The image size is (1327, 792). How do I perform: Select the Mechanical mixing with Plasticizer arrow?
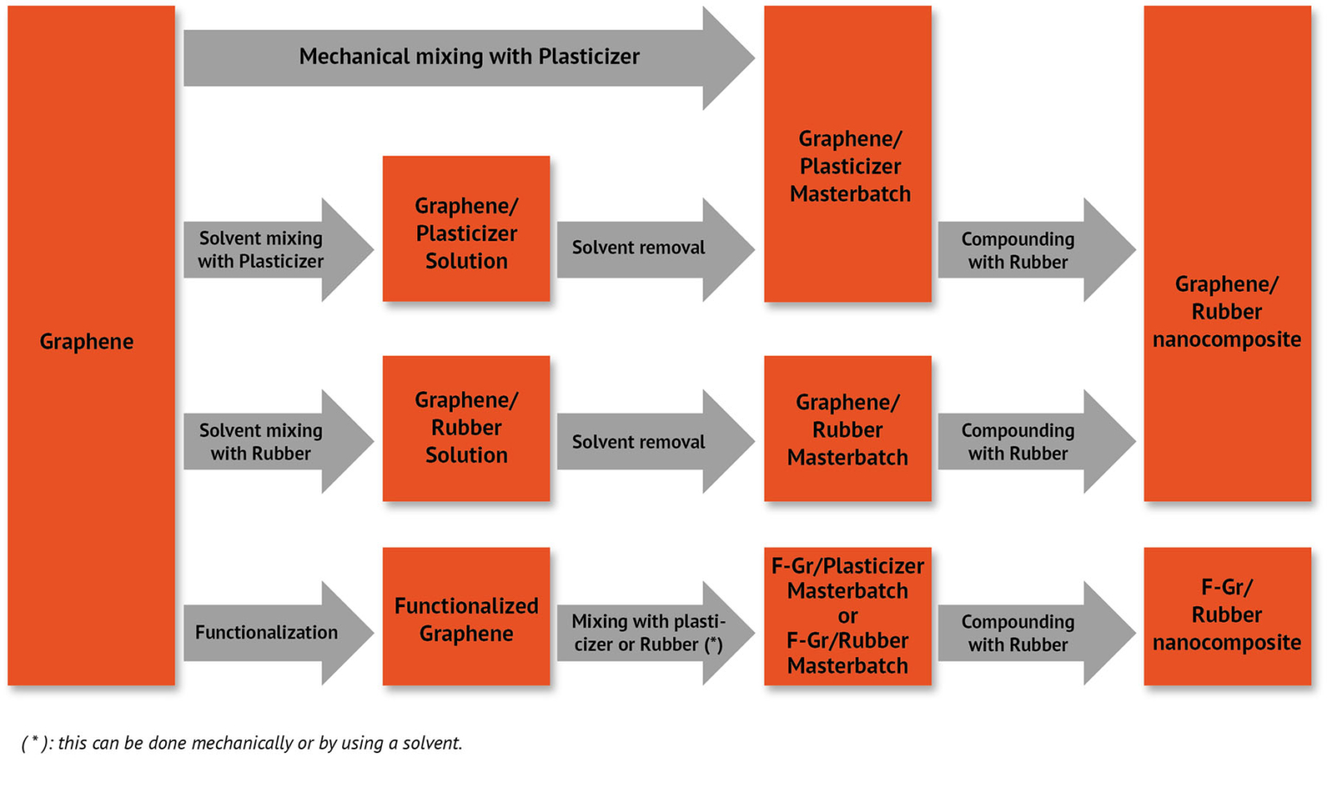pyautogui.click(x=469, y=58)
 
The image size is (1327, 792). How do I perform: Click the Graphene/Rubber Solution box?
pyautogui.click(x=467, y=428)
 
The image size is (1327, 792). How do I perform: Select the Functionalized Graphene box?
pyautogui.click(x=467, y=618)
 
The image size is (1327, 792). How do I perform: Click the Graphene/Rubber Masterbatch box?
pyautogui.click(x=848, y=429)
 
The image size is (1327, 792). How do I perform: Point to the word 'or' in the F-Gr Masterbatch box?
pyautogui.click(x=848, y=616)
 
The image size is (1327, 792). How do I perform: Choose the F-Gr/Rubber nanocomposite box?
pyautogui.click(x=1227, y=616)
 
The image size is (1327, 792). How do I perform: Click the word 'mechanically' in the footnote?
pyautogui.click(x=241, y=744)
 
